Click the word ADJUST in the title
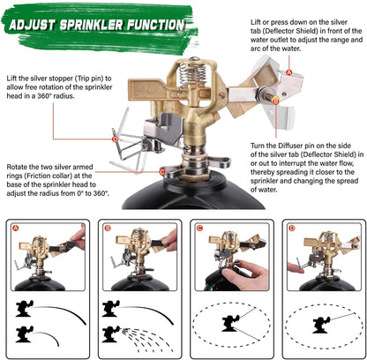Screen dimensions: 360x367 pos(39,23)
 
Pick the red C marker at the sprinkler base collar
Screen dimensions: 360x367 pos(161,172)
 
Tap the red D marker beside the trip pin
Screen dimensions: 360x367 pos(114,138)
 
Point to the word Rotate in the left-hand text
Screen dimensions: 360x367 pos(21,164)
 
